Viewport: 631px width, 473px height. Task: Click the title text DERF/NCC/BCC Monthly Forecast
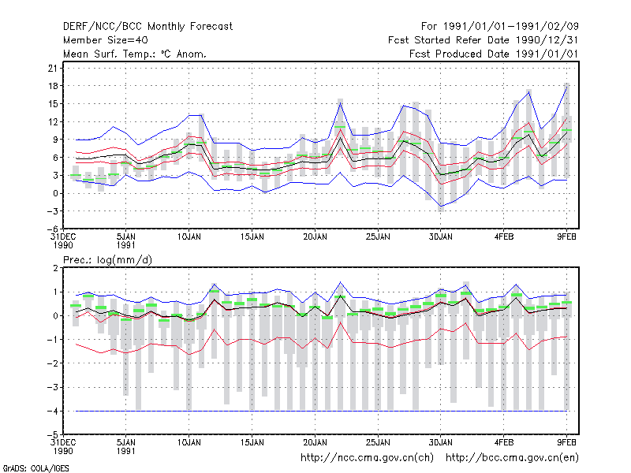pyautogui.click(x=147, y=27)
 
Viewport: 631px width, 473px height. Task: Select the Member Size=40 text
pyautogui.click(x=106, y=40)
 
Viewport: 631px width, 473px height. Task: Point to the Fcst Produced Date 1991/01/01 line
pyautogui.click(x=494, y=54)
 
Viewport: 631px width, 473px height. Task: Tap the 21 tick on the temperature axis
pyautogui.click(x=53, y=68)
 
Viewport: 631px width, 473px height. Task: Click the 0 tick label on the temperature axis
pyautogui.click(x=55, y=193)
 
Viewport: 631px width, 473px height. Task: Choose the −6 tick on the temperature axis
pyautogui.click(x=52, y=229)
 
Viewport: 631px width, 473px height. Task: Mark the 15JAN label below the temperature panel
pyautogui.click(x=252, y=237)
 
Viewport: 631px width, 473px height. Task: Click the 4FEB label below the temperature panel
pyautogui.click(x=504, y=237)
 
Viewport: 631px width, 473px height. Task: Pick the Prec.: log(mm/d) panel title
pyautogui.click(x=107, y=260)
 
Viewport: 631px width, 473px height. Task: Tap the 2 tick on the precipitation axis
pyautogui.click(x=55, y=268)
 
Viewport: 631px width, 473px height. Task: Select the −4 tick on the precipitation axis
pyautogui.click(x=52, y=411)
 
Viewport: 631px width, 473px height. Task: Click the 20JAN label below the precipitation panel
pyautogui.click(x=315, y=443)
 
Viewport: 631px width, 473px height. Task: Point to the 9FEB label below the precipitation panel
pyautogui.click(x=566, y=443)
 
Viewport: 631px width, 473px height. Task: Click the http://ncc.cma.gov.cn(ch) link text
pyautogui.click(x=367, y=458)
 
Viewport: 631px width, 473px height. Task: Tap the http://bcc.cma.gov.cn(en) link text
pyautogui.click(x=512, y=458)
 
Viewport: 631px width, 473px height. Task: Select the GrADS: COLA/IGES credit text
pyautogui.click(x=35, y=468)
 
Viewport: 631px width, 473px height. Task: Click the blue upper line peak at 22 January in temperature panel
pyautogui.click(x=341, y=103)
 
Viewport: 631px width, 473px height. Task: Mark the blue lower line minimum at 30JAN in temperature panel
pyautogui.click(x=441, y=207)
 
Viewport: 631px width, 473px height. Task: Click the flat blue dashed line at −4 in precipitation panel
pyautogui.click(x=321, y=411)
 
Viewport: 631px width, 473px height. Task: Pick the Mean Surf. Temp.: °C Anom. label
pyautogui.click(x=135, y=54)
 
